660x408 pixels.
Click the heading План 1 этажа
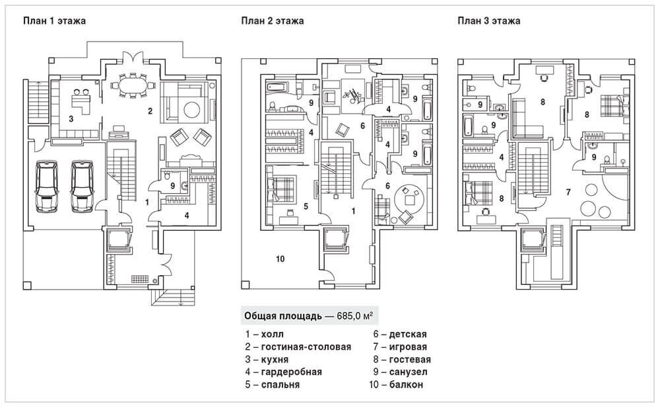coord(54,20)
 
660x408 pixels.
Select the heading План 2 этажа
coord(273,20)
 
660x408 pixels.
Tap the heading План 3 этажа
coord(489,20)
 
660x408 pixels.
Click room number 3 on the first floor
coord(70,119)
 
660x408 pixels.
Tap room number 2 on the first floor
coord(150,110)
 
